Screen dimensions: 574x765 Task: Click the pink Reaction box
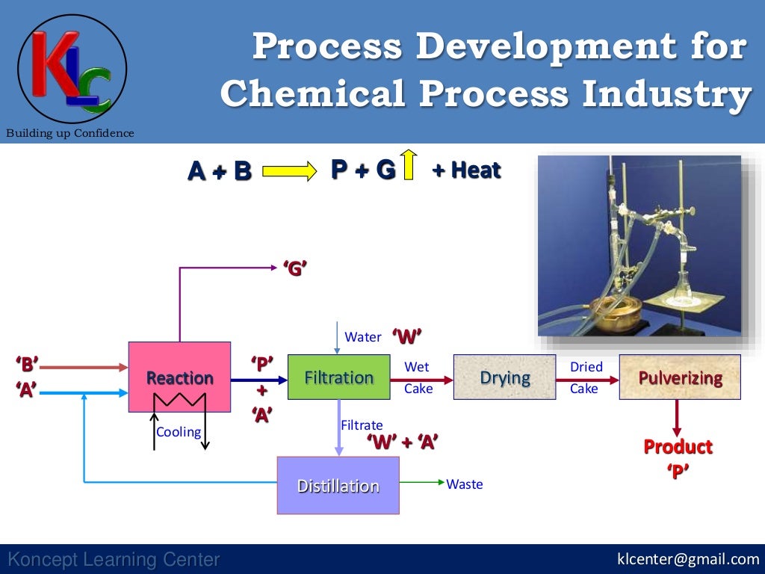(179, 377)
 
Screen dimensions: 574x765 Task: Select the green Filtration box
(338, 377)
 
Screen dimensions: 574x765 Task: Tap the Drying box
(504, 377)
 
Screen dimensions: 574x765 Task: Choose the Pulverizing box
(680, 377)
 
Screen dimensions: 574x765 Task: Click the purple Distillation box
(338, 485)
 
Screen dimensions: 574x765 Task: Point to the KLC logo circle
(72, 69)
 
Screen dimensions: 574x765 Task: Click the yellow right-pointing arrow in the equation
(290, 172)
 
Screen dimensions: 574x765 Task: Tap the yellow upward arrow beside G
(408, 165)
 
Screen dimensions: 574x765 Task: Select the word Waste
(465, 484)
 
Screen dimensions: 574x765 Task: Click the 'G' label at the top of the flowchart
(295, 268)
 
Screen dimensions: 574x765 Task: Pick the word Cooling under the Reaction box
(178, 432)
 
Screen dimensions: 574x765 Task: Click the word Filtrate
(362, 425)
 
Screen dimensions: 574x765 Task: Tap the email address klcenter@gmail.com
(687, 559)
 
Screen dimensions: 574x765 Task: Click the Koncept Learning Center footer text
(114, 559)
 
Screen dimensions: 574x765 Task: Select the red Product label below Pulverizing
(678, 447)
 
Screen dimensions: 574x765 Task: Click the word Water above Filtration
(363, 337)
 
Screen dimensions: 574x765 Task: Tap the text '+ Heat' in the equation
(466, 170)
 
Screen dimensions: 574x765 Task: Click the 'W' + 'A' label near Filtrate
(402, 442)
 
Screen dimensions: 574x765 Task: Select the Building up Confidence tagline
(70, 133)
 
